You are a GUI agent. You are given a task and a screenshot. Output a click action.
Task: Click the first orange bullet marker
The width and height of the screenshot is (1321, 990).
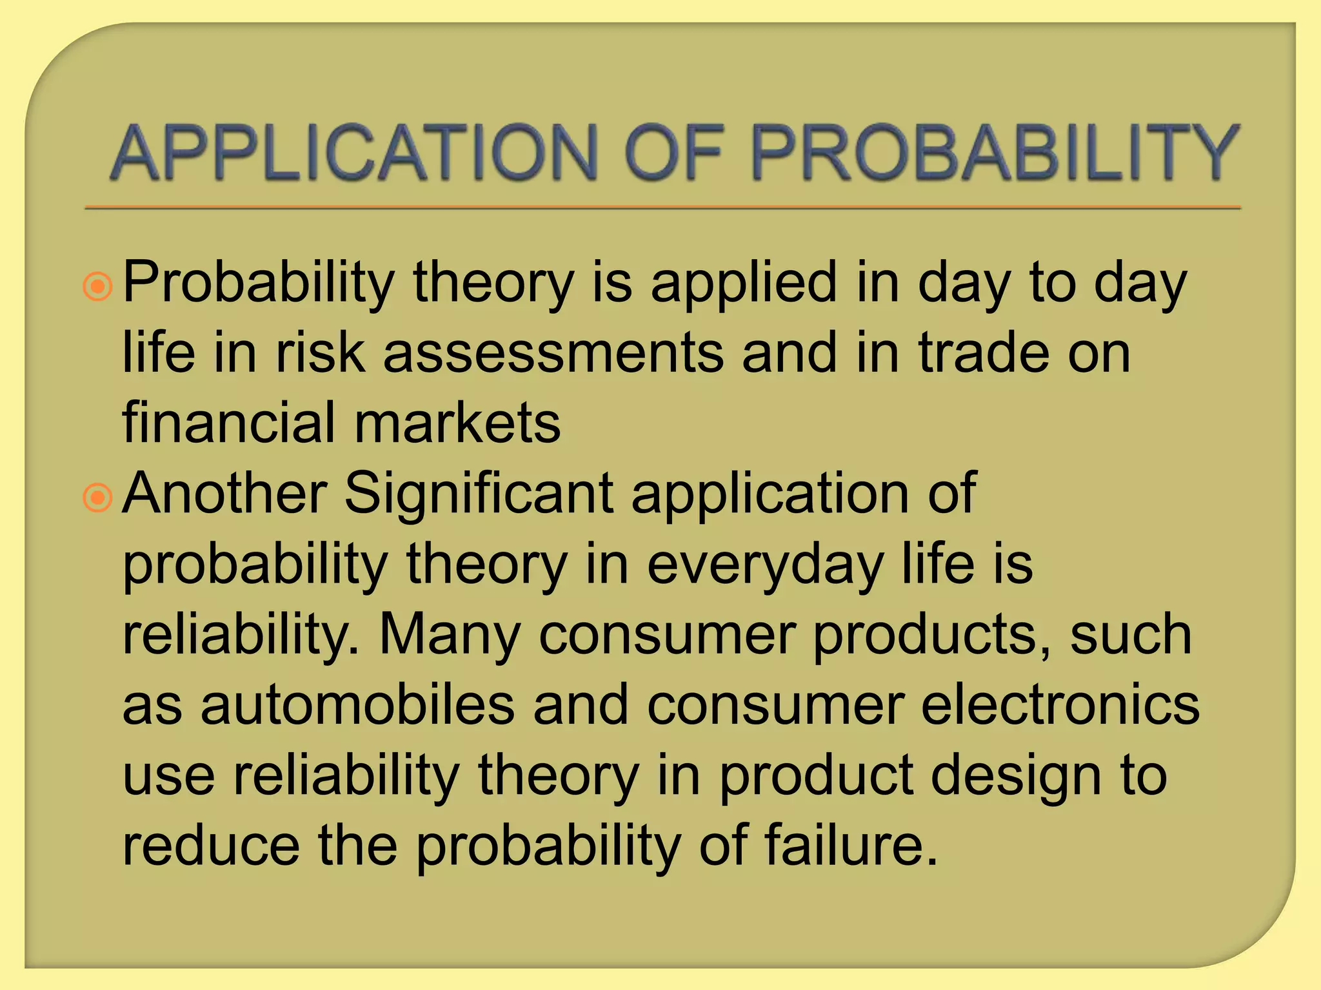tap(98, 286)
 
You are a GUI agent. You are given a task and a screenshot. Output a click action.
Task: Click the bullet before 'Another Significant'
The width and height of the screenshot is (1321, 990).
tap(98, 497)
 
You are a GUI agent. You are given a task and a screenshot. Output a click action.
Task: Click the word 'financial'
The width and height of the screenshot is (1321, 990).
tap(230, 423)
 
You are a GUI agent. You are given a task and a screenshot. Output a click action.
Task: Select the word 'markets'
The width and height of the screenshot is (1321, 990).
tap(457, 423)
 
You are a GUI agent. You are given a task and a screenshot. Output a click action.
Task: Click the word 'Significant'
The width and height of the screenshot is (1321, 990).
tap(479, 495)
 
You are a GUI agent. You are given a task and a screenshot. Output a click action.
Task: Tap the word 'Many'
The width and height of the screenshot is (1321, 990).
tap(450, 637)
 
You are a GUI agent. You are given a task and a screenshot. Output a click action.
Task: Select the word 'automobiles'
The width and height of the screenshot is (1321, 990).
tap(358, 705)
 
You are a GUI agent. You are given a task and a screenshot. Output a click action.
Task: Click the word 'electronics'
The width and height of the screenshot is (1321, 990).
tap(1060, 705)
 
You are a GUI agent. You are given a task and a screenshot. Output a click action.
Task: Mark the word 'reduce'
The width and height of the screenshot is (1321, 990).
tap(211, 846)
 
